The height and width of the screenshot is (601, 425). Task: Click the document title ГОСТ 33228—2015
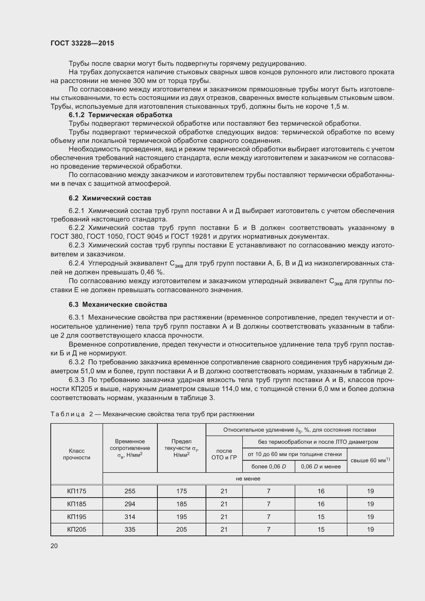tap(82, 43)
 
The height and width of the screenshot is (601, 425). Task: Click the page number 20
tap(54, 546)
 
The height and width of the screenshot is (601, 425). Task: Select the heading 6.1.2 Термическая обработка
tap(120, 115)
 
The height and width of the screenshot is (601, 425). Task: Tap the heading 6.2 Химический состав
tap(110, 198)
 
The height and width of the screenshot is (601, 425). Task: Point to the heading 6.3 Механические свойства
tap(118, 304)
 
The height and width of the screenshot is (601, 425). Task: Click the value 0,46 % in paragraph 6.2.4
tap(152, 272)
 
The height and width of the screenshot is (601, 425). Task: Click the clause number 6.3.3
tap(76, 380)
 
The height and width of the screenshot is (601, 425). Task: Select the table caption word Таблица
tap(68, 414)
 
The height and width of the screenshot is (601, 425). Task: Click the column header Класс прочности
tap(76, 454)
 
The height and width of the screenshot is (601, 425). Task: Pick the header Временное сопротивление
tap(130, 448)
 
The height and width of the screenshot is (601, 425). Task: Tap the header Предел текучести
tap(181, 448)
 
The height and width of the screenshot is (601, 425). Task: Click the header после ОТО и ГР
tap(224, 454)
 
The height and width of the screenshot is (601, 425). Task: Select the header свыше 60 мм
tap(370, 460)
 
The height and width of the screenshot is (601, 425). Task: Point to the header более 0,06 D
tap(269, 466)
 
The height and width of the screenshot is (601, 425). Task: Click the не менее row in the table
tap(248, 478)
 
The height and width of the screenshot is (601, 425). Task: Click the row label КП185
tap(76, 504)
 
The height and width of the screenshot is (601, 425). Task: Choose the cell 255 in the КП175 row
tap(130, 491)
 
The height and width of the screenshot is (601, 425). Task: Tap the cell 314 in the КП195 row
tap(130, 517)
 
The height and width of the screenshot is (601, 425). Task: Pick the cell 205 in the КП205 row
tap(181, 529)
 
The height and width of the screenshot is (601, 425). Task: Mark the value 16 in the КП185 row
tap(321, 504)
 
